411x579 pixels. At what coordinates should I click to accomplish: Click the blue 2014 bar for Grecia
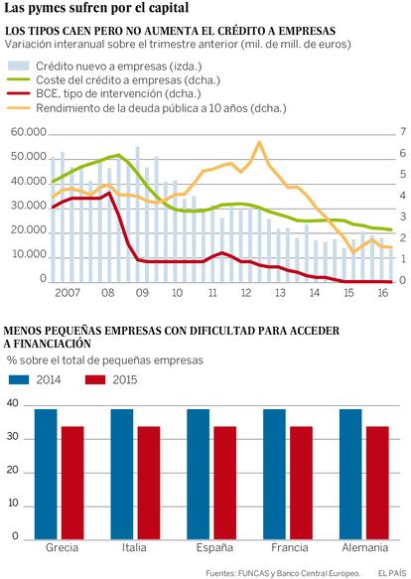[x=46, y=474]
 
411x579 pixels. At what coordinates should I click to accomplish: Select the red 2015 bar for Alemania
[x=377, y=483]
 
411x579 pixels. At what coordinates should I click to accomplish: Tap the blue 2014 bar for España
[x=199, y=474]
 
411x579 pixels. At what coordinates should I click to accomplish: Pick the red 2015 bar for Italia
[x=149, y=483]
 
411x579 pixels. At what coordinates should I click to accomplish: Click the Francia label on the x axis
[x=290, y=547]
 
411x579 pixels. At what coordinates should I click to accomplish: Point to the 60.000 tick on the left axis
[x=29, y=132]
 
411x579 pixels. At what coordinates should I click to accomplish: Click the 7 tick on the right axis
[x=402, y=131]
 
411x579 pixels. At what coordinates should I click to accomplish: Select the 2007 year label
[x=68, y=293]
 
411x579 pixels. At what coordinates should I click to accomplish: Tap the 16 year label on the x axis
[x=383, y=293]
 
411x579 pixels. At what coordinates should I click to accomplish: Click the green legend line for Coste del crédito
[x=19, y=79]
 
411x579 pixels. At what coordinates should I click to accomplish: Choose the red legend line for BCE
[x=19, y=93]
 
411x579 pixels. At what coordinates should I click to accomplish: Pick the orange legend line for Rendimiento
[x=19, y=108]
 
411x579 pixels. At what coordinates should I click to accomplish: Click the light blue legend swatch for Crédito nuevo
[x=19, y=66]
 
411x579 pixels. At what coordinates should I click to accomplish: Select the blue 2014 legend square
[x=19, y=379]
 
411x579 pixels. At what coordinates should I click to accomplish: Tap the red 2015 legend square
[x=95, y=379]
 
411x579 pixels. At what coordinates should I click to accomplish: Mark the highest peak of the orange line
[x=259, y=142]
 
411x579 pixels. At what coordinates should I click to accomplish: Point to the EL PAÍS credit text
[x=392, y=573]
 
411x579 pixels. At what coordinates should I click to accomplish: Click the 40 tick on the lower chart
[x=13, y=403]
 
